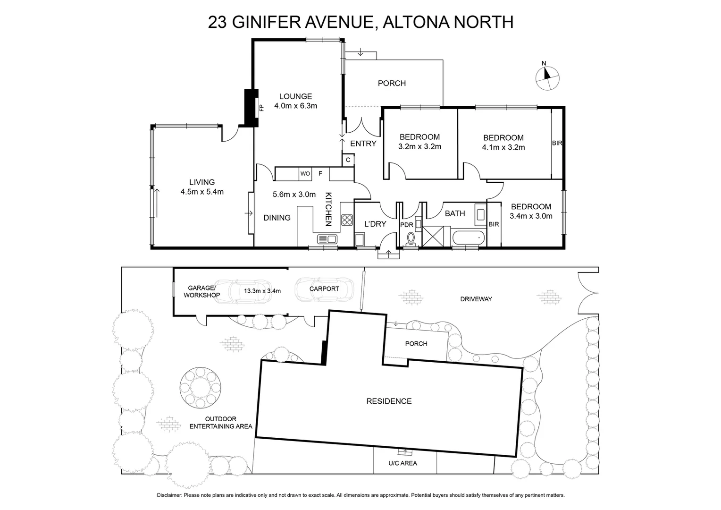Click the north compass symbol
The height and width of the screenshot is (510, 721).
point(547,77)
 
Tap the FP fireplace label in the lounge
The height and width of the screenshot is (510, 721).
point(261,108)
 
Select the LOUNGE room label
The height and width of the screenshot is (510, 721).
point(295,96)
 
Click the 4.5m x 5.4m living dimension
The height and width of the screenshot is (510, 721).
point(202,192)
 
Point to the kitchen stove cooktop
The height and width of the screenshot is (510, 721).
point(347,220)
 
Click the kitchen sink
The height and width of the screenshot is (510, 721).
point(327,239)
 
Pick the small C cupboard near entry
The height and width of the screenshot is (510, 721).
point(348,160)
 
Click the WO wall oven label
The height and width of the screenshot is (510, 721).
point(305,174)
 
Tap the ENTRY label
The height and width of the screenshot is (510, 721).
point(363,144)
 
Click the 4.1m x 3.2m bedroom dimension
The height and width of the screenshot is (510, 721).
point(503,147)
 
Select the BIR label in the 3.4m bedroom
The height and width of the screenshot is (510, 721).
point(494,224)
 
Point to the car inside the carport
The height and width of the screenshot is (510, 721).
point(324,289)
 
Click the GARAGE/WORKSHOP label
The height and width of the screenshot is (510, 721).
point(201,291)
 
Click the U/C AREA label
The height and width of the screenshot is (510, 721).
point(402,463)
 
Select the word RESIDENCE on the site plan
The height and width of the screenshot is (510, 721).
point(389,401)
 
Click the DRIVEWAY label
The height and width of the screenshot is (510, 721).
point(476,299)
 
